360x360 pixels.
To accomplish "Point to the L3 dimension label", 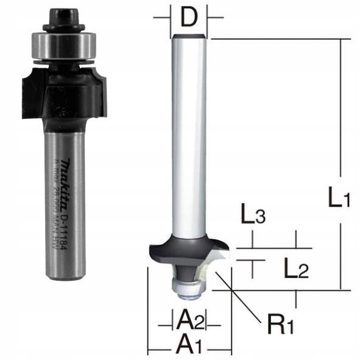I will [x=252, y=216].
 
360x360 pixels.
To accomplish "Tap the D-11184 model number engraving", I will [x=69, y=225].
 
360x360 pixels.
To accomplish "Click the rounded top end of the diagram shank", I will [x=189, y=38].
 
